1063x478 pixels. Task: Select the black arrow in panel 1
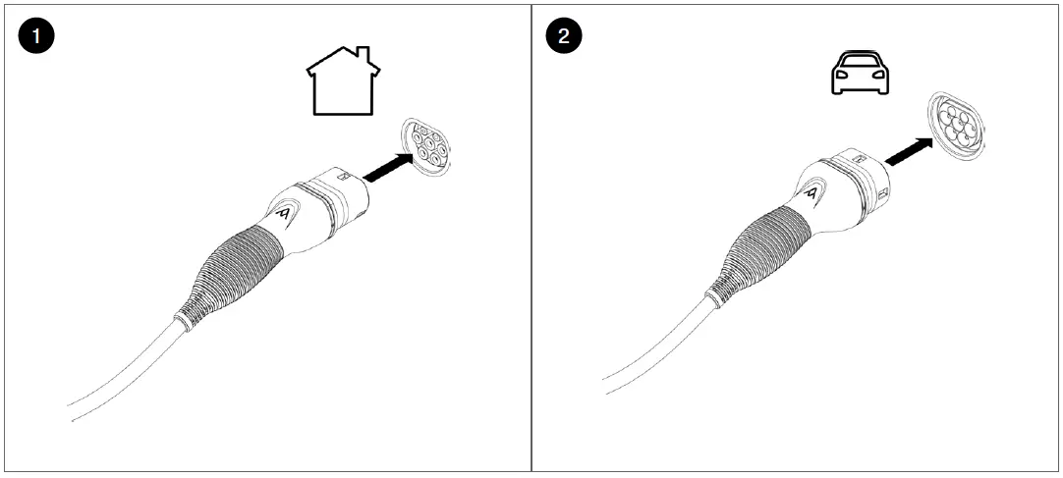tap(386, 167)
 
